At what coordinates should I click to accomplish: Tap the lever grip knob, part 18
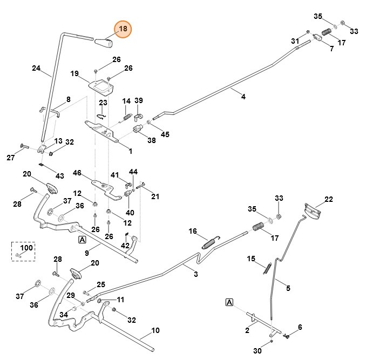(104, 42)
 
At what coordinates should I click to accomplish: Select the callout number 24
(36, 69)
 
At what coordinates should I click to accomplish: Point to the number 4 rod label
(243, 97)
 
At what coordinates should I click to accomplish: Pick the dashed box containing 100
(24, 251)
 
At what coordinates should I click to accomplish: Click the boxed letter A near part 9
(82, 240)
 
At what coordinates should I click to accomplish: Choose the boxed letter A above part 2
(230, 302)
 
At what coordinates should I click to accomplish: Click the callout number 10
(155, 330)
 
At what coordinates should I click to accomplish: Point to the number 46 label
(77, 173)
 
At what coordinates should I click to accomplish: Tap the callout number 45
(165, 134)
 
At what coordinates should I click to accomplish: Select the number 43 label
(60, 176)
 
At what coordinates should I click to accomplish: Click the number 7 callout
(331, 49)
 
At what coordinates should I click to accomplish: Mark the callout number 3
(195, 275)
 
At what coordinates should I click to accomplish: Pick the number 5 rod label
(288, 289)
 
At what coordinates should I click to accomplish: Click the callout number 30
(258, 351)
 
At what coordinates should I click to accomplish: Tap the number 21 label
(155, 196)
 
